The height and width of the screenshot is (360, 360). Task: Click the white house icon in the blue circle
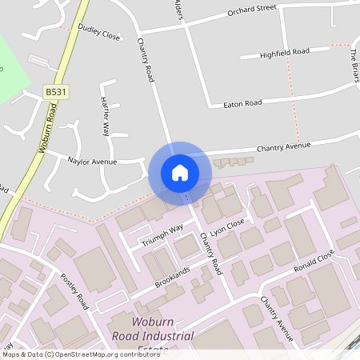pos(180,173)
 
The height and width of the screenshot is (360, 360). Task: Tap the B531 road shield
pos(56,93)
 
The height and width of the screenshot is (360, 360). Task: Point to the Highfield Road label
pos(285,54)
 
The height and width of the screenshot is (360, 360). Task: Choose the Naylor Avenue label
pos(93,161)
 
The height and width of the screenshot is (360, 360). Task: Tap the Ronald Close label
pos(313,261)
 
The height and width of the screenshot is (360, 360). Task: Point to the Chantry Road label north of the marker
pos(146,61)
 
